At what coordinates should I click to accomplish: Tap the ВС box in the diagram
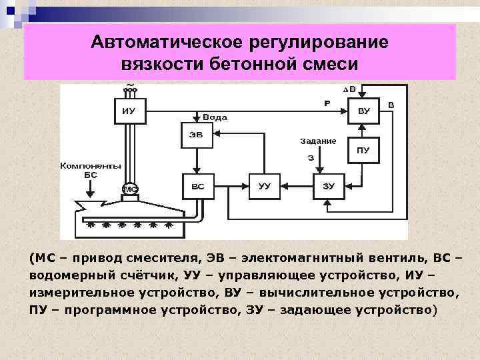pos(198,186)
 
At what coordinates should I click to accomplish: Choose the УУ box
pos(265,186)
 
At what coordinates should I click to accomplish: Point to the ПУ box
pos(363,150)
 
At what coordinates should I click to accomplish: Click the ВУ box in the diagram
pos(363,111)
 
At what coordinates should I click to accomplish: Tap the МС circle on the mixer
pos(131,189)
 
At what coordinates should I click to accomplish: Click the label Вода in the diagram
pos(215,117)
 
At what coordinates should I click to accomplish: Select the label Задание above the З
pos(317,141)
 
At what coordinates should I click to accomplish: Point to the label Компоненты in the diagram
pos(91,165)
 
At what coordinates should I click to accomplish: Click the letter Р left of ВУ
pos(327,103)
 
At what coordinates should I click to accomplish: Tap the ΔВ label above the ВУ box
pos(349,89)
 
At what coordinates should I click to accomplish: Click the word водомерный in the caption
pos(66,275)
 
